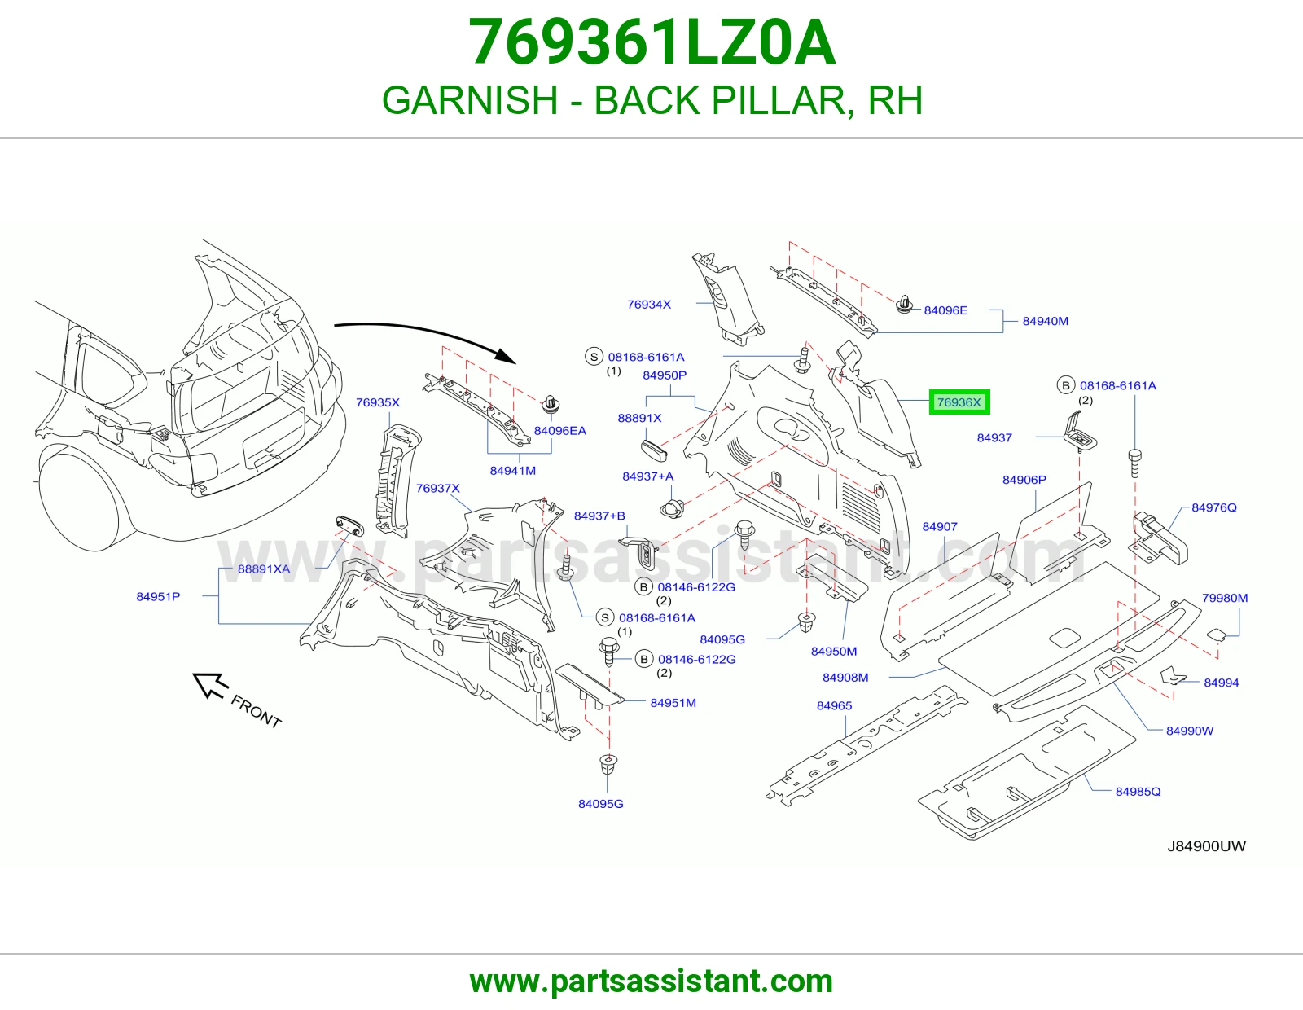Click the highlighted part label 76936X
(x=959, y=402)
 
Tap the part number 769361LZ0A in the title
(x=651, y=43)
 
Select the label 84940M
(x=1045, y=321)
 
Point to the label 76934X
(x=649, y=304)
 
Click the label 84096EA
(x=560, y=431)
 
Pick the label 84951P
(x=158, y=596)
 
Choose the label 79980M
(x=1225, y=598)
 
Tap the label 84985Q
(x=1138, y=791)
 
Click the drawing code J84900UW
(x=1206, y=846)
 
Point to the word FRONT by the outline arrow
(x=256, y=711)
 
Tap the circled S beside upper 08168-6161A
(x=594, y=357)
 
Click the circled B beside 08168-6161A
(x=1065, y=385)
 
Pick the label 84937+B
(x=599, y=516)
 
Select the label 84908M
(x=845, y=677)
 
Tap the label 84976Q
(x=1213, y=507)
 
